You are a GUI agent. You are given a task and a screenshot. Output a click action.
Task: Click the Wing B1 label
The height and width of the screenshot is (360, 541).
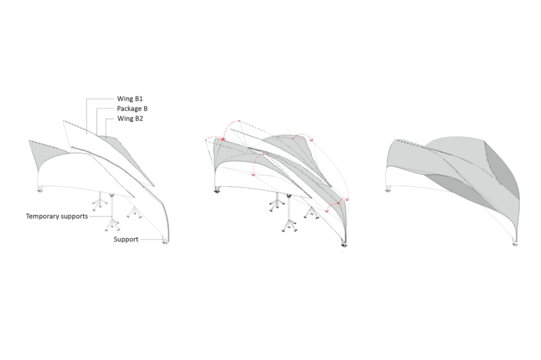coord(130,98)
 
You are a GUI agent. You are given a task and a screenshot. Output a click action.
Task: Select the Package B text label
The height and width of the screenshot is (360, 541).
coord(132,109)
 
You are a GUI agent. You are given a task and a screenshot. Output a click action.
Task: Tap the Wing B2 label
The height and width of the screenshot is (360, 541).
coord(130,118)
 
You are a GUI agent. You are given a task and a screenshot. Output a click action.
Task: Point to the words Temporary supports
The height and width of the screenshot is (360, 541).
coord(57,216)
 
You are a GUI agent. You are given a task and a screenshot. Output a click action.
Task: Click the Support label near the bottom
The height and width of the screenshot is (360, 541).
coord(126,239)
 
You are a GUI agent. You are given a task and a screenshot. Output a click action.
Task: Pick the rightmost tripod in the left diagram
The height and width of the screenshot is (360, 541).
coord(134,212)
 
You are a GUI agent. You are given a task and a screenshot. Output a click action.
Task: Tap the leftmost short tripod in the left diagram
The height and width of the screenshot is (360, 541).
coord(100,202)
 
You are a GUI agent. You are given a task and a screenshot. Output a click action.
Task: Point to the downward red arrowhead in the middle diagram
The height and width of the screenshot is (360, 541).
coord(254,175)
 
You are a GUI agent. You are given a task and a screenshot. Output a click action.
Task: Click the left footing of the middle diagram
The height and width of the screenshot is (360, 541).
coord(217,190)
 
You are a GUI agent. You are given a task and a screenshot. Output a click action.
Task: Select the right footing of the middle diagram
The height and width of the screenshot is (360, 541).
coord(344,245)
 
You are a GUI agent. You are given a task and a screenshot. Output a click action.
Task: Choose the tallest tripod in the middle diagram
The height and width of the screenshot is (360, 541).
coord(289,214)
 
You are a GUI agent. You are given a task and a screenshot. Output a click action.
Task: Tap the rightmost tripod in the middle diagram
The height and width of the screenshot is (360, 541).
coord(312,213)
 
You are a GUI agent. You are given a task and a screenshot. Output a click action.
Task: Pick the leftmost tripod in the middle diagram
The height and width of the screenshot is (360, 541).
coord(276,202)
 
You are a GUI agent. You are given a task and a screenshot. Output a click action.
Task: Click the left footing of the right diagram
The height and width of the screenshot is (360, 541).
coord(388,189)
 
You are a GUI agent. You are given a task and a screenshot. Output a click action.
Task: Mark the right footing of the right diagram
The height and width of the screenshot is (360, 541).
coord(515,244)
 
